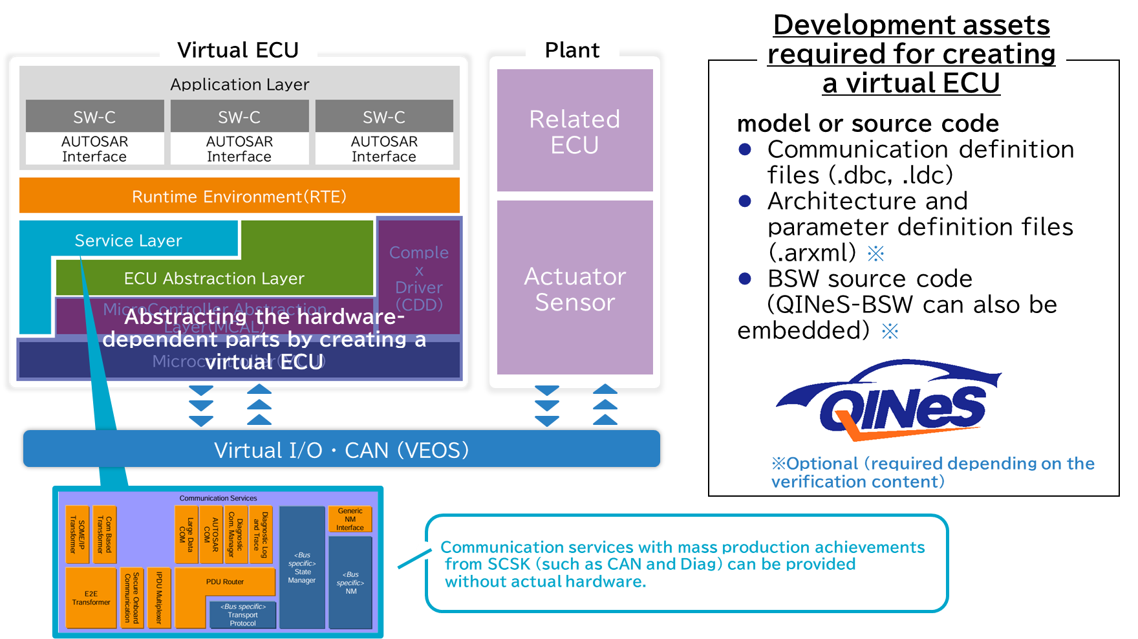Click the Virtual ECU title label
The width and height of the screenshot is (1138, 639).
click(x=238, y=50)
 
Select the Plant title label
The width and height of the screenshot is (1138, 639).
click(x=572, y=50)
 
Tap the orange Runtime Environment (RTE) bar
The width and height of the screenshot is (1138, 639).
click(x=239, y=196)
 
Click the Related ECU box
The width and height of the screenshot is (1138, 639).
click(x=574, y=131)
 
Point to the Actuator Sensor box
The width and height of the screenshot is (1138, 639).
click(x=574, y=288)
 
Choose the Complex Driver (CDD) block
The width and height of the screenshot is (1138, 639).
click(x=419, y=278)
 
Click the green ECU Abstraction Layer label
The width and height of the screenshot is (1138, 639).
click(x=214, y=278)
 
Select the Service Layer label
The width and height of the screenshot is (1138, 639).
click(x=128, y=240)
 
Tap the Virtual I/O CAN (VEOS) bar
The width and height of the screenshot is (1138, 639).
click(x=341, y=449)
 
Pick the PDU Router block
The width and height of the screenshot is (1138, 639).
click(x=225, y=581)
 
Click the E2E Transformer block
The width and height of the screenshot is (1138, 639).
click(x=91, y=598)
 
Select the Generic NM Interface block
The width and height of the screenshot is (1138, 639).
click(x=350, y=519)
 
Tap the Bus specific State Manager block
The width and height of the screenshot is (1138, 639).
click(x=302, y=567)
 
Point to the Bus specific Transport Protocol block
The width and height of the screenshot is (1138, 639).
click(x=242, y=615)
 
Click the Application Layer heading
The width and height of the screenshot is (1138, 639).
click(x=239, y=84)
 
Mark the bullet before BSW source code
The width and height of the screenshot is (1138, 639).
click(x=745, y=279)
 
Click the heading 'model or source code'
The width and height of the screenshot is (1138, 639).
click(x=868, y=123)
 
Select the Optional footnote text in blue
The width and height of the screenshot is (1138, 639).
click(x=932, y=472)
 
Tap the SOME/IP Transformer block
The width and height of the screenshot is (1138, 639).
click(x=77, y=534)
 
